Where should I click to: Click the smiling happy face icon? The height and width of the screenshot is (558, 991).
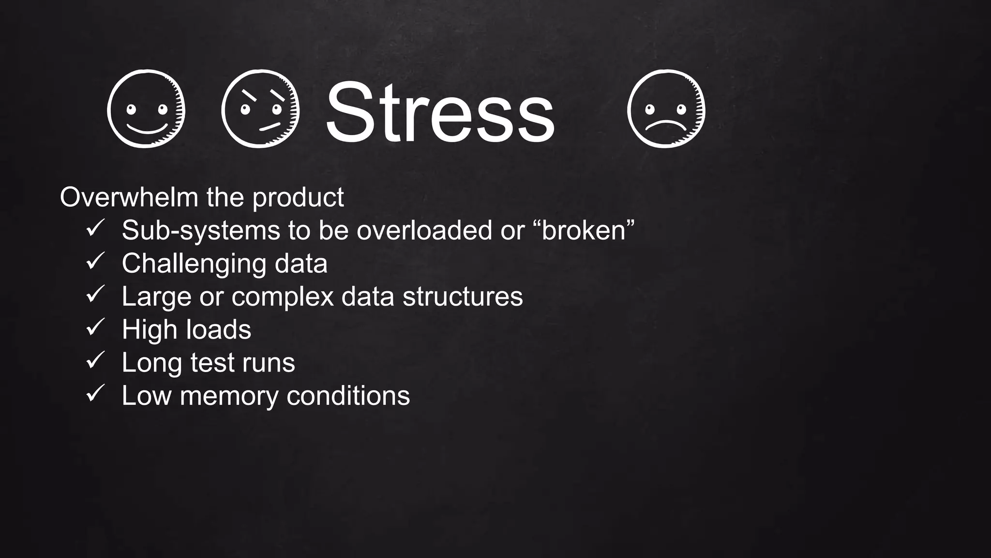[146, 108]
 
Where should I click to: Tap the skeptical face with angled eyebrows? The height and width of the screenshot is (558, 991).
[260, 108]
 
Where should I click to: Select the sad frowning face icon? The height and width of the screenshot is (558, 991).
[666, 108]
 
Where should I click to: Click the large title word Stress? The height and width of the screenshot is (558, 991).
[439, 112]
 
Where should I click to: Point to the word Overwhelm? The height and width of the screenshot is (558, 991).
[129, 197]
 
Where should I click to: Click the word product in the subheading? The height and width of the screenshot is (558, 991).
[298, 198]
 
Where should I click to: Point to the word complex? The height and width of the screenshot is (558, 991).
[282, 297]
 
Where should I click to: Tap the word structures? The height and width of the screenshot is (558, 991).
[463, 296]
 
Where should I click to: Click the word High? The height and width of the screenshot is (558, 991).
[150, 330]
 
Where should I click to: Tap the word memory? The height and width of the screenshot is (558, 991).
[229, 396]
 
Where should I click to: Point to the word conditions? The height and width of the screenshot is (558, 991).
[348, 395]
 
